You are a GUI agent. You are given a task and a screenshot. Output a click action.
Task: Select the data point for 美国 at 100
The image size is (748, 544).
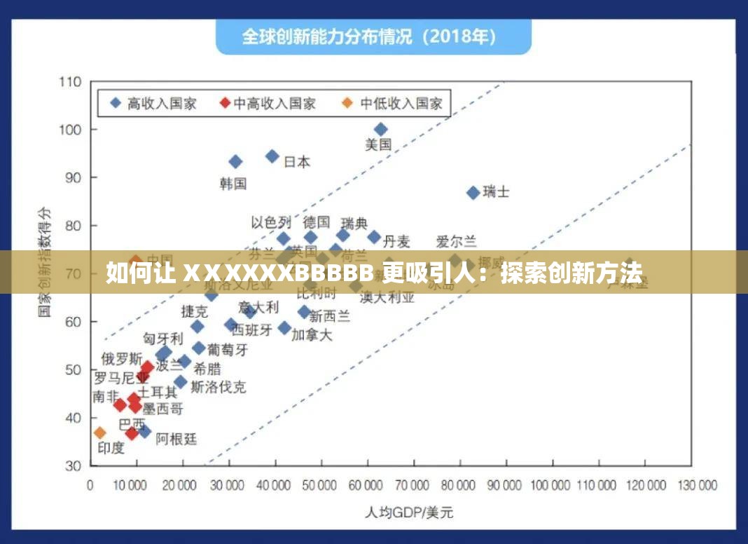(380, 129)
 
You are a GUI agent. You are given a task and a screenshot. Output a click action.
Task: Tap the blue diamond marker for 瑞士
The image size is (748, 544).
(473, 192)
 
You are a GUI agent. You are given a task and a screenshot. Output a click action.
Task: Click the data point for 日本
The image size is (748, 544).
(272, 156)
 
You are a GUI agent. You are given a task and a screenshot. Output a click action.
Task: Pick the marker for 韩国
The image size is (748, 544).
(235, 162)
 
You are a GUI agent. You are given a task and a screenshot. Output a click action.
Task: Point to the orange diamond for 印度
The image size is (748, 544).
(100, 433)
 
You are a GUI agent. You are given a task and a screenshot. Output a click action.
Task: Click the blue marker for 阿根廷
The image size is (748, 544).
(144, 431)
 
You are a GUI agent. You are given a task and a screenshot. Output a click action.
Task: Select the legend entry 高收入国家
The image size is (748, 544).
(154, 104)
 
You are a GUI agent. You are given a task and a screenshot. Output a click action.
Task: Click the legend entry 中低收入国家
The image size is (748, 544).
(394, 104)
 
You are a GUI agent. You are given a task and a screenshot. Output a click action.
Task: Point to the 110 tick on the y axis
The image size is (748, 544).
(71, 82)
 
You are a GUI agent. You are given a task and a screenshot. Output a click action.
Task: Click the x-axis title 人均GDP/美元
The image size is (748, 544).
(409, 512)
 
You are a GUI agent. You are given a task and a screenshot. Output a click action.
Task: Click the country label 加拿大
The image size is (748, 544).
(312, 334)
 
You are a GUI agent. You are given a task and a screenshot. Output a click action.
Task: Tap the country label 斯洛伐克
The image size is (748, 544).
(219, 386)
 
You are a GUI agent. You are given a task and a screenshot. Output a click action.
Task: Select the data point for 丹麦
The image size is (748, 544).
(374, 237)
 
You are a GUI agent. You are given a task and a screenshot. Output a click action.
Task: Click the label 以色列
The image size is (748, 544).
(271, 223)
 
